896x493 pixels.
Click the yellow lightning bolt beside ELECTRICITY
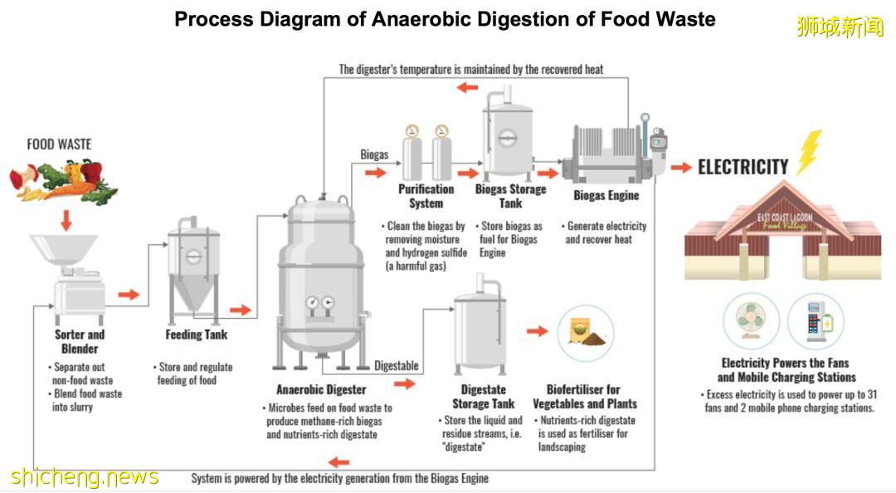[808, 153]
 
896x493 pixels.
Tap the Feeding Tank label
[196, 334]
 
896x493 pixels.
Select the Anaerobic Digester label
[321, 388]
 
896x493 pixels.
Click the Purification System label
[426, 196]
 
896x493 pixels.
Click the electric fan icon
[750, 320]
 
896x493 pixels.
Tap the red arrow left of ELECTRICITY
[681, 167]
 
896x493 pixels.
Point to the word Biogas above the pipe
[374, 154]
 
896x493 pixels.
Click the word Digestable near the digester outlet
[396, 365]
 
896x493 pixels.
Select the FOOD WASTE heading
[59, 144]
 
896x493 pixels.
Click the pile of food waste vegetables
[63, 181]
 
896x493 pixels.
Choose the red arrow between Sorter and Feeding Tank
[129, 294]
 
